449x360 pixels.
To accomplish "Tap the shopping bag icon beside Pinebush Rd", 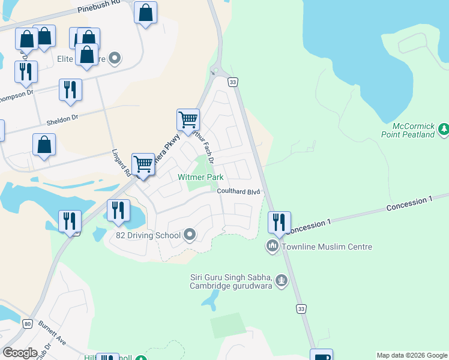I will [x=145, y=13].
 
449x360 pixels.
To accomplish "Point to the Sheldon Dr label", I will [x=62, y=120].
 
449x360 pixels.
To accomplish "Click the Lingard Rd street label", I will [x=121, y=163].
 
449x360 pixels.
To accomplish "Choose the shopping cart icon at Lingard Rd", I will [x=143, y=163].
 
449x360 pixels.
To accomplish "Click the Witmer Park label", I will [x=200, y=177].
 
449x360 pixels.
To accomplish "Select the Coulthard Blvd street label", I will [x=238, y=191].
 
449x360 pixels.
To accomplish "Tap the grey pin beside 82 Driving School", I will [x=190, y=235].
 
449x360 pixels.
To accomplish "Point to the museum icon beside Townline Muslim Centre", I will [x=273, y=246].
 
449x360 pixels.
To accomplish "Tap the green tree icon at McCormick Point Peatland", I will [x=444, y=127].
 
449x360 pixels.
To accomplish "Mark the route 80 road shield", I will [x=27, y=323].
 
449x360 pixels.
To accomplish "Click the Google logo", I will [x=20, y=352].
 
